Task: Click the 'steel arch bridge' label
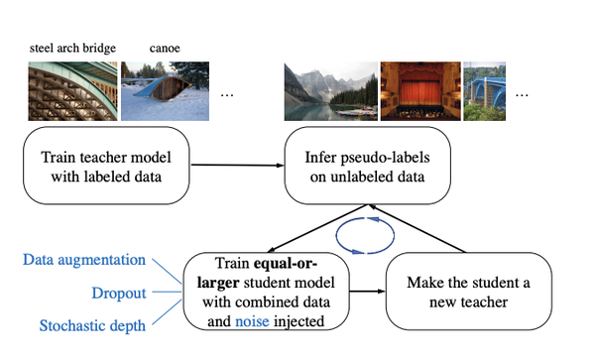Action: coord(73,47)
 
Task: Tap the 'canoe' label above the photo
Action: coord(166,47)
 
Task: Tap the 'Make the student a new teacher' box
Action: coord(468,291)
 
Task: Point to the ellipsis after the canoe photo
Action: coord(226,94)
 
